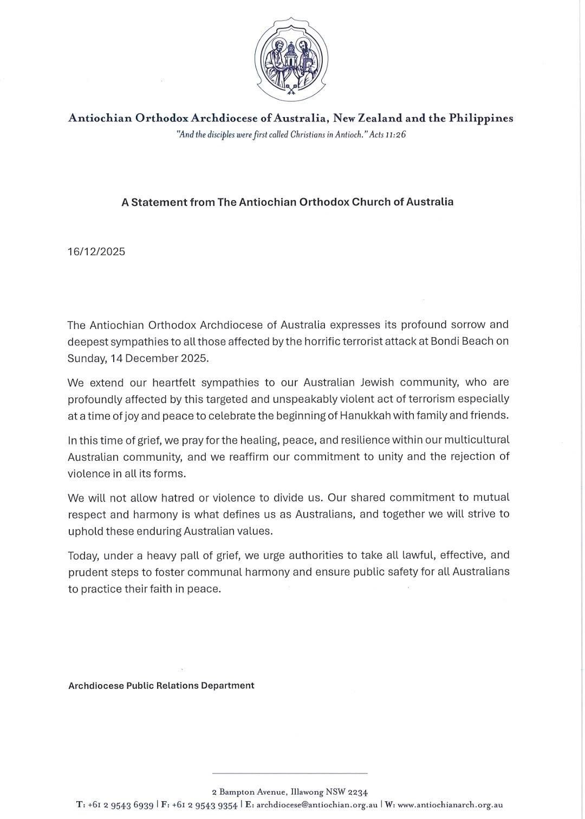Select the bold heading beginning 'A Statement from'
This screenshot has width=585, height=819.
pos(287,202)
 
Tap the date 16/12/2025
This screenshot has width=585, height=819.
pos(96,251)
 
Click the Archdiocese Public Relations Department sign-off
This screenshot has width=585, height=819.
pos(161,686)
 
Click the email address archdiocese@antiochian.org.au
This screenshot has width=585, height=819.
pos(317,805)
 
